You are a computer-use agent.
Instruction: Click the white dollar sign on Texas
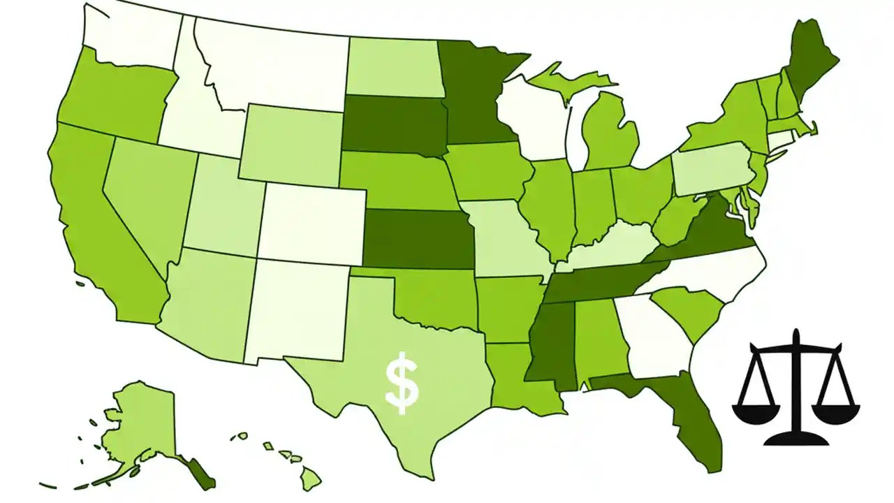(x=402, y=384)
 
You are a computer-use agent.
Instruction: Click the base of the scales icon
(x=796, y=439)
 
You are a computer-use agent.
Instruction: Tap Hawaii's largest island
(x=311, y=479)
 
